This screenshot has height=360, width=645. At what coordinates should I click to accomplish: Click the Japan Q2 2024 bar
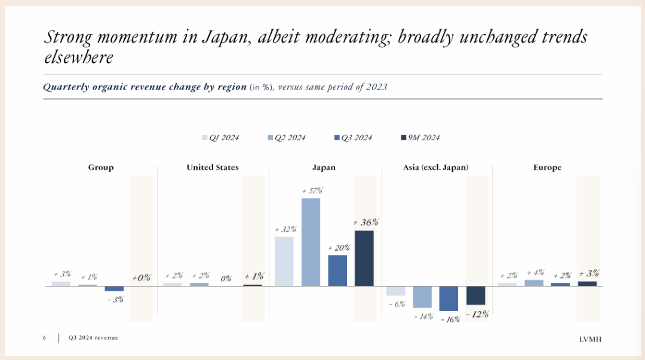point(311,242)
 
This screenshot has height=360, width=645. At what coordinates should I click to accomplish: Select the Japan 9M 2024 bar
point(364,258)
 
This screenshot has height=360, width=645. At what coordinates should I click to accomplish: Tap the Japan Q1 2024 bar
point(284,261)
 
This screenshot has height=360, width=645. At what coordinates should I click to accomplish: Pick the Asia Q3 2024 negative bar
point(449,299)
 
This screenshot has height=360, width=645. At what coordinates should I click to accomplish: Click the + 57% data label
point(312,191)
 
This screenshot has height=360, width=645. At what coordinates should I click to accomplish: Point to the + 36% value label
point(365,222)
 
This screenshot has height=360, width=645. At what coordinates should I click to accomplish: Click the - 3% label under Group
point(115,299)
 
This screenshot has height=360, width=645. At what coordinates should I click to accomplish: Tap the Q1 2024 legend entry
point(220,138)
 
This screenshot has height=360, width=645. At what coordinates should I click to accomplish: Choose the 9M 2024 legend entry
point(420,138)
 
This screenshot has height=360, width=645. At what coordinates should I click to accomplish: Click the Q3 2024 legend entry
point(353,138)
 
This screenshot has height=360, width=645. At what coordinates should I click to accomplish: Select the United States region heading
point(213,168)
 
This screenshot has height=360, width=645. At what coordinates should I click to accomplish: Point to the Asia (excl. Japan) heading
point(435,168)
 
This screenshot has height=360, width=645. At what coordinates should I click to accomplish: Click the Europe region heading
point(547,168)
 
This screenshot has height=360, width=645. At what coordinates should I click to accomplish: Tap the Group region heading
point(101,168)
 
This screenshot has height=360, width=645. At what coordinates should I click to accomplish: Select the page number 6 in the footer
point(44,338)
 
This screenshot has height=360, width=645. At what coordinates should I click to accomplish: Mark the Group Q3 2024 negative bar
point(114,288)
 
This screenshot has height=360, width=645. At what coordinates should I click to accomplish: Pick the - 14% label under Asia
point(423,316)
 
